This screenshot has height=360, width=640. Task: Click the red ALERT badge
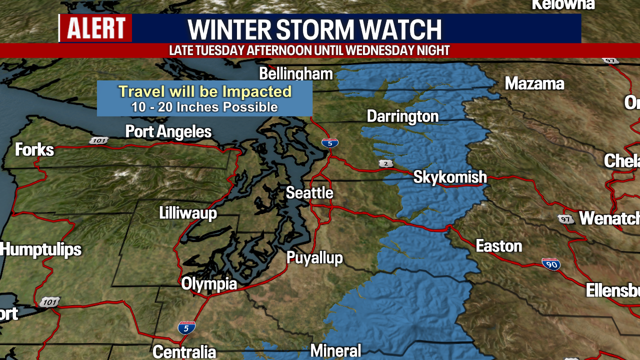(x=96, y=28)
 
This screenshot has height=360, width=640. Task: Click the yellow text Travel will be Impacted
(x=205, y=91)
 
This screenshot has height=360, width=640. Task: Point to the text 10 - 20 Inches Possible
(x=204, y=107)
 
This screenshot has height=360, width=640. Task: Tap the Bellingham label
(x=296, y=74)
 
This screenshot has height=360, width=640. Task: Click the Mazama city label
(x=534, y=83)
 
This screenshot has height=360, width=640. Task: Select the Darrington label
(x=402, y=116)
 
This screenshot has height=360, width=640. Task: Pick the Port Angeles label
(x=168, y=132)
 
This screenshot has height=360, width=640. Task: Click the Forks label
(x=34, y=149)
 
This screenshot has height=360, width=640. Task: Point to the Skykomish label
(x=450, y=176)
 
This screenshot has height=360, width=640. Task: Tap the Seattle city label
(x=309, y=192)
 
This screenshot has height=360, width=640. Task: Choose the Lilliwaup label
(x=188, y=213)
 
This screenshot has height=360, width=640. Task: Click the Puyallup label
(x=314, y=257)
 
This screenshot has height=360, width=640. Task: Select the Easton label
(x=498, y=246)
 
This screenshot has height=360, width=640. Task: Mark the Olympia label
(x=209, y=284)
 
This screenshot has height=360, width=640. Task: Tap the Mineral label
(x=335, y=350)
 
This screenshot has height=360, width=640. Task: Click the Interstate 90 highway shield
(x=551, y=264)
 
